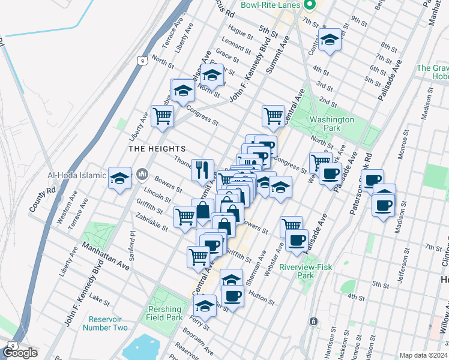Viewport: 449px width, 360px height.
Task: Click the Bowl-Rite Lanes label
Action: click(x=271, y=5)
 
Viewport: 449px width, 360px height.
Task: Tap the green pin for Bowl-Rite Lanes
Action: click(x=310, y=6)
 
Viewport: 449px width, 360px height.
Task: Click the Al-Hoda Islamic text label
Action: click(x=77, y=176)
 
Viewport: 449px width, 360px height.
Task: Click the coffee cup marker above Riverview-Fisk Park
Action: click(x=295, y=241)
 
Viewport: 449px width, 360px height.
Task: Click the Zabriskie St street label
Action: click(x=152, y=222)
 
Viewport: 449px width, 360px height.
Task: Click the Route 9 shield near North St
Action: click(x=140, y=60)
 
